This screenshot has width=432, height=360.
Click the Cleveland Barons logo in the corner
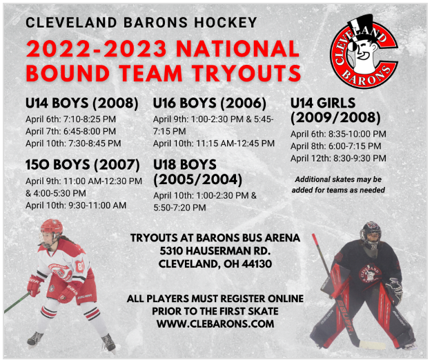point(364,52)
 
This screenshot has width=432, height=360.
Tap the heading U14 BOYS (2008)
point(82,103)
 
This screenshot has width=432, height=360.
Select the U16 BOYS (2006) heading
point(210,103)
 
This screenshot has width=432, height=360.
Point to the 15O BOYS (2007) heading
point(83,165)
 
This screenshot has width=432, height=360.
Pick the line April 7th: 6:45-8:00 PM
point(71,131)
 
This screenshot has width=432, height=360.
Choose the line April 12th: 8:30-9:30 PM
point(338,158)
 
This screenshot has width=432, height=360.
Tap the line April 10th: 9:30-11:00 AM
point(76,206)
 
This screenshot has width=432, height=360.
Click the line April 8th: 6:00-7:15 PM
point(336,146)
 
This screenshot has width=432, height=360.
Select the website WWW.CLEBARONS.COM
point(215,323)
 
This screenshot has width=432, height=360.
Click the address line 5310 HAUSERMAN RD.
point(215,251)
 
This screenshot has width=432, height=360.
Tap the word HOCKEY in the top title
point(226,23)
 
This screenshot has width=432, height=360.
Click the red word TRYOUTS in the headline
point(247,73)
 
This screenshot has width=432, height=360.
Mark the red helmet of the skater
point(52,228)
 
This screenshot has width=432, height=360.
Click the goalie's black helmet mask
point(371,234)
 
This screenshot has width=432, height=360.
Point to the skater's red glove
point(35,286)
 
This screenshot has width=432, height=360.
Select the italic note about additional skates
point(338,185)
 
